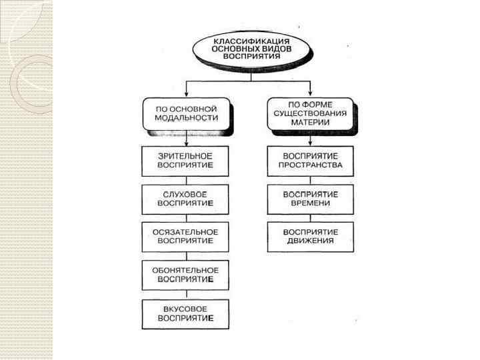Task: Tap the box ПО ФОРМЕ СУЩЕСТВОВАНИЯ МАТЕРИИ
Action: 311,113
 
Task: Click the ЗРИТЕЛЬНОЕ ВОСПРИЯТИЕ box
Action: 185,161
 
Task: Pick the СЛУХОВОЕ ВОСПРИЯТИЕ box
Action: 185,199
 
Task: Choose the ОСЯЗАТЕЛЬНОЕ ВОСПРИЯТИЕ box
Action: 185,237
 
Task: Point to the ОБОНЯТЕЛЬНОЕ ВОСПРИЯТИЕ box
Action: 185,275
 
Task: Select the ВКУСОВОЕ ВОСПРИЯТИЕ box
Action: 185,313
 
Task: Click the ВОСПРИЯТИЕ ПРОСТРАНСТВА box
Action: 311,161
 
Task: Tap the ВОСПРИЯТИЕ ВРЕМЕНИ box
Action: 311,199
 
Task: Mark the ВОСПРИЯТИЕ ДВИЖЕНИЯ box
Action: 311,237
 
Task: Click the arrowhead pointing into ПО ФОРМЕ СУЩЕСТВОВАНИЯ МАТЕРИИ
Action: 311,93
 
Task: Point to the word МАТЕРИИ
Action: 311,121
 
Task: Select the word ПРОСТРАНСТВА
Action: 311,165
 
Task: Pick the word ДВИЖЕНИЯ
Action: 311,241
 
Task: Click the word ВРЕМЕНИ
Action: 311,203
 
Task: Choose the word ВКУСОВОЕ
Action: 185,309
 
